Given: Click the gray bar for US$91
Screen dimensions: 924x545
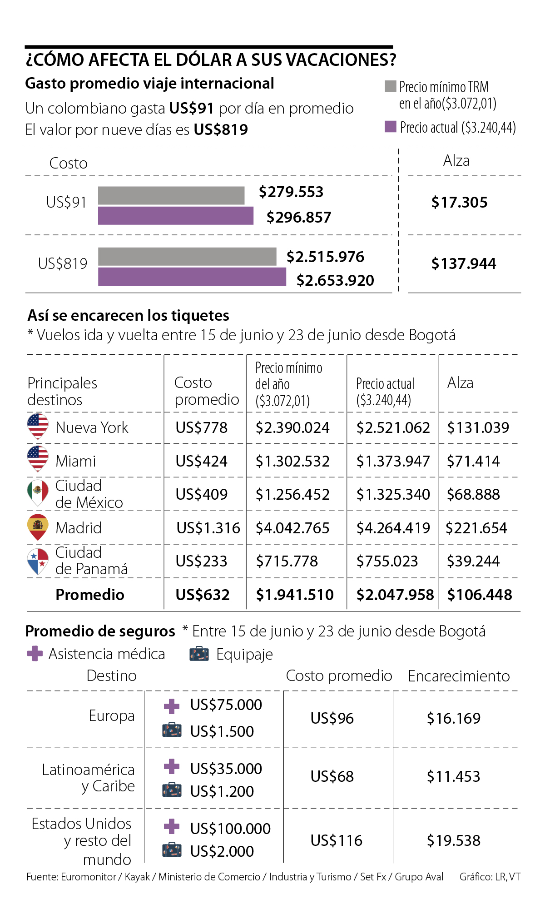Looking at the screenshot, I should click(x=171, y=195).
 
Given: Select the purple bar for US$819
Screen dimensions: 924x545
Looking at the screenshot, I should click(x=192, y=277).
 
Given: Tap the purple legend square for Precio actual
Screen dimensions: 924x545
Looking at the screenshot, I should click(x=391, y=127).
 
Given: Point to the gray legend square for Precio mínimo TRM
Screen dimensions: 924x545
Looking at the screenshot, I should click(x=391, y=86).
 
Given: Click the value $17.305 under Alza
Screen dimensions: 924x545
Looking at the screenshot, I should click(x=459, y=202).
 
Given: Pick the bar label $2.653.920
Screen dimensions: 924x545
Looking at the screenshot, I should click(x=335, y=280).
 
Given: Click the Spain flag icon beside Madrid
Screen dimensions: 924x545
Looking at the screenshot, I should click(x=38, y=527).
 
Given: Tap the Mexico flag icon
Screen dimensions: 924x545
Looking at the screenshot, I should click(x=38, y=492).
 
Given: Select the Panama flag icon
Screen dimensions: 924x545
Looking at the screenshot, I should click(x=38, y=561).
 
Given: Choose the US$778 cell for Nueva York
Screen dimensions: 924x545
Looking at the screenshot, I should click(x=202, y=427).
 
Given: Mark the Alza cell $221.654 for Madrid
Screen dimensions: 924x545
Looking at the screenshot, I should click(x=476, y=528).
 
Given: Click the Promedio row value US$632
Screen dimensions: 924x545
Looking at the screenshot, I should click(x=203, y=595).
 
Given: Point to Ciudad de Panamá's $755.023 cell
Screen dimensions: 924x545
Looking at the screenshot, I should click(x=387, y=561).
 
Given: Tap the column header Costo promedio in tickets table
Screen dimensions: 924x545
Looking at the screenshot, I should click(x=207, y=391).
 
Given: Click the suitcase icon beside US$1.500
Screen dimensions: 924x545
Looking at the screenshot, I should click(x=172, y=730).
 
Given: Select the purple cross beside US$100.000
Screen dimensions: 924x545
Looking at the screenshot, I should click(x=172, y=826).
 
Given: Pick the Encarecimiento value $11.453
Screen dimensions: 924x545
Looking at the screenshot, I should click(x=453, y=776).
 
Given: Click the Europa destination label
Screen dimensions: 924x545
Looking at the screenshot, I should click(x=112, y=715).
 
